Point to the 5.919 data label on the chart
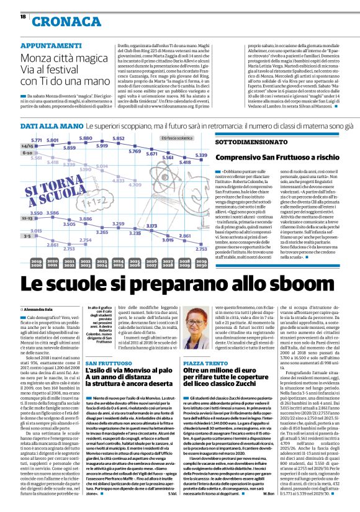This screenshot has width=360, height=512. [102, 145]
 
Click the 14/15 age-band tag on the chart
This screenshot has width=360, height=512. [27, 145]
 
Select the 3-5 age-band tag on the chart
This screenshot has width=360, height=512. [27, 236]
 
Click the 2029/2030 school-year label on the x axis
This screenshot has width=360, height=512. [200, 263]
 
